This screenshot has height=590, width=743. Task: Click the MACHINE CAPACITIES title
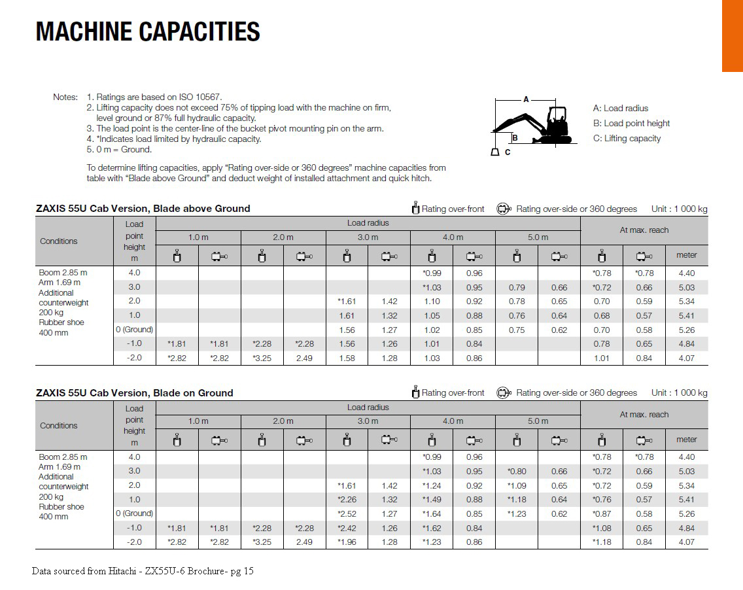[x=148, y=31]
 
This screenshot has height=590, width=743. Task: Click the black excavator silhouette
[x=536, y=124]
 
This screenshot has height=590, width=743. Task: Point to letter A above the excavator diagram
[x=526, y=99]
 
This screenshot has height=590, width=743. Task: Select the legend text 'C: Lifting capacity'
[x=627, y=138]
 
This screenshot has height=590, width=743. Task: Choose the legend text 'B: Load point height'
[x=631, y=123]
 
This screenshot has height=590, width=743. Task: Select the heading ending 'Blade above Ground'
[x=143, y=209]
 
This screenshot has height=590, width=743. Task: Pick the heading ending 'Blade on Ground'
[x=135, y=393]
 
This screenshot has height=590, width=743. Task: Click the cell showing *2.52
[x=347, y=513]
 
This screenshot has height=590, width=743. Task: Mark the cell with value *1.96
[x=347, y=542]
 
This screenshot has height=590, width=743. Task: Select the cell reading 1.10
[x=432, y=302]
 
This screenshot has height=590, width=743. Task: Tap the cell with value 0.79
[x=517, y=287]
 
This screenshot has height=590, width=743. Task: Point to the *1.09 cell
[x=517, y=485]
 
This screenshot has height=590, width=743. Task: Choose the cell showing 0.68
[x=601, y=316]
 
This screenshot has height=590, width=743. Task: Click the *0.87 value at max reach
[x=601, y=513]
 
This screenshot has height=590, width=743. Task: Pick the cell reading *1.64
[x=432, y=513]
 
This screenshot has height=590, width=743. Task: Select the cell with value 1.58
[x=347, y=358]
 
